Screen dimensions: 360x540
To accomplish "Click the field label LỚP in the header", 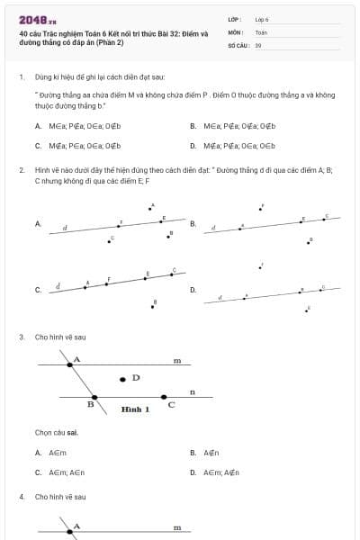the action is coord(234,19).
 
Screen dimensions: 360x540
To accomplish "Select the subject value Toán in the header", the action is coord(261,31).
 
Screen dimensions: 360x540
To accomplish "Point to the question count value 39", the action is coord(258,44).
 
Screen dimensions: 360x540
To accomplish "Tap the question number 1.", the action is coord(21,77).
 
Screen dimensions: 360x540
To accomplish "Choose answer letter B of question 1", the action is coord(193,126).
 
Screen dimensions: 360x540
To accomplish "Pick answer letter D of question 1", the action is coord(193,145).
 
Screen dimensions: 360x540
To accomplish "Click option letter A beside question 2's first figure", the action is coord(38,223).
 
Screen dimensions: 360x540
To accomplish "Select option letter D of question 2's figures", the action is coord(193,290).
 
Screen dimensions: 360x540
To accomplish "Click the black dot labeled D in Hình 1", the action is coord(123,379).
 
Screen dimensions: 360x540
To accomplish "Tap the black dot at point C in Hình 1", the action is coord(164,396).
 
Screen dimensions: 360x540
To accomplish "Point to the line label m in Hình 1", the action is coord(177,361).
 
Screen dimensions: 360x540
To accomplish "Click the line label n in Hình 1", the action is coord(192,391).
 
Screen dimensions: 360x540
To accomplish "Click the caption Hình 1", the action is coord(135,409).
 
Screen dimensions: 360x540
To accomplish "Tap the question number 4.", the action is coord(21,497).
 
